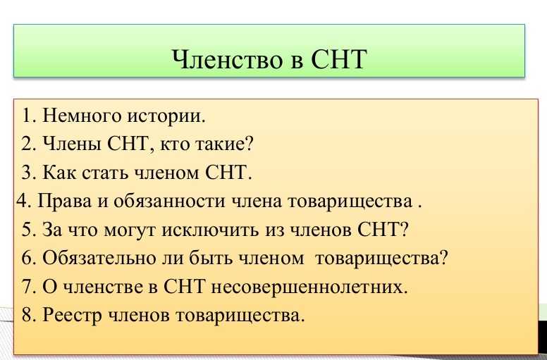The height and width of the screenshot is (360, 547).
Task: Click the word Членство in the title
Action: pyautogui.click(x=227, y=58)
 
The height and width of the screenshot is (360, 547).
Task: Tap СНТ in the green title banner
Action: pyautogui.click(x=338, y=58)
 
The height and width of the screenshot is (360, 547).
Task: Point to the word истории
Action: pyautogui.click(x=166, y=116)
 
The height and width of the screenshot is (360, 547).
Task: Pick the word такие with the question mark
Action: pyautogui.click(x=224, y=144)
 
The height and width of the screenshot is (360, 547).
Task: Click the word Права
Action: pyautogui.click(x=65, y=201)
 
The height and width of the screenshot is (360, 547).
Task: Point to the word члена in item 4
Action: pyautogui.click(x=257, y=201)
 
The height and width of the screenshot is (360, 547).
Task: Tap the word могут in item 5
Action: pyautogui.click(x=130, y=230)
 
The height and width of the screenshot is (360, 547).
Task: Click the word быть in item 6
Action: pyautogui.click(x=212, y=259)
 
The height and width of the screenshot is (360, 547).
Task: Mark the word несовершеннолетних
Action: pyautogui.click(x=309, y=287)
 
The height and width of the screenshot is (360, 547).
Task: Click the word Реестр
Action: pyautogui.click(x=72, y=316)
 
